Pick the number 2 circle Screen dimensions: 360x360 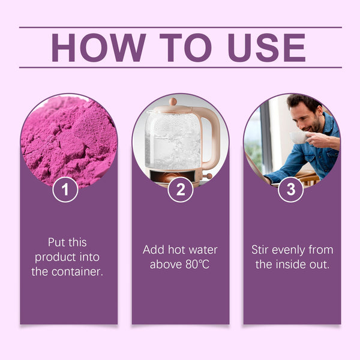(x=180, y=190)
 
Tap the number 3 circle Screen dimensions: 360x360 (x=291, y=190)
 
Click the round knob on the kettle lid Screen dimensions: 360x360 (x=173, y=102)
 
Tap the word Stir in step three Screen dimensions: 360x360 (x=263, y=250)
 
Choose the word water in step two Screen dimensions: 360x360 (x=201, y=250)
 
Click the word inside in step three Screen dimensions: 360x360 (x=295, y=265)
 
